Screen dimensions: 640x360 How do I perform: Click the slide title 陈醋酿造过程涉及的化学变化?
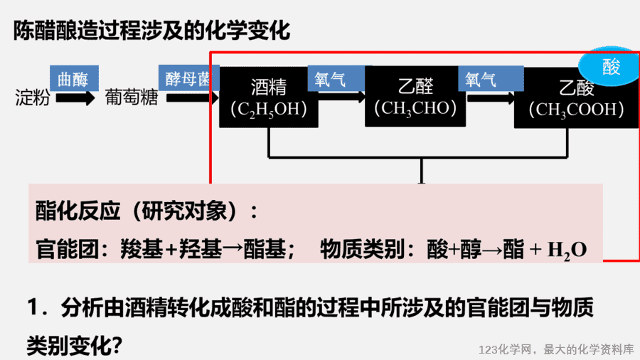(151, 30)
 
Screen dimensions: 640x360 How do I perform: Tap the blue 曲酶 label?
(74, 78)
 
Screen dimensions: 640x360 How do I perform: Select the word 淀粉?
(33, 98)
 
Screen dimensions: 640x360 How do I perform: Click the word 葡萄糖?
(132, 97)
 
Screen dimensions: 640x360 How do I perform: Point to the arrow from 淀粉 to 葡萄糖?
(75, 98)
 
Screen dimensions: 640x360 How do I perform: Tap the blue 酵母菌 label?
(189, 78)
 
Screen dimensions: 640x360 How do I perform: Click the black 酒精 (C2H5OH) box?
(269, 97)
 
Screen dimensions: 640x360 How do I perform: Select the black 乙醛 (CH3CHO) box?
(415, 97)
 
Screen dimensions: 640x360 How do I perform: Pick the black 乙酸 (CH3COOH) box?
(576, 98)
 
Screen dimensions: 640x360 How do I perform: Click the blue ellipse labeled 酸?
(609, 66)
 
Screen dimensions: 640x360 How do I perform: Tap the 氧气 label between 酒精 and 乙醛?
(336, 78)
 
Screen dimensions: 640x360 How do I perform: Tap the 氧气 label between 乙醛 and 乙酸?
(491, 78)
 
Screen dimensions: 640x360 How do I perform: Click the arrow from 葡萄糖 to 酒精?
(192, 98)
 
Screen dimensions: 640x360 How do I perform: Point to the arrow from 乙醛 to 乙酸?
(491, 98)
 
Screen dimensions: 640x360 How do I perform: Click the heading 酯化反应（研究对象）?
(146, 211)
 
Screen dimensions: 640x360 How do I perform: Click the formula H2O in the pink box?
(567, 250)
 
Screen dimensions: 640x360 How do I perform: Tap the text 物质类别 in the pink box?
(363, 249)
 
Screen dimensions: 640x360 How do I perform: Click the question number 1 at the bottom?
(34, 307)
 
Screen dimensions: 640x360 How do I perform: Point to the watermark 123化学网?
(506, 350)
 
